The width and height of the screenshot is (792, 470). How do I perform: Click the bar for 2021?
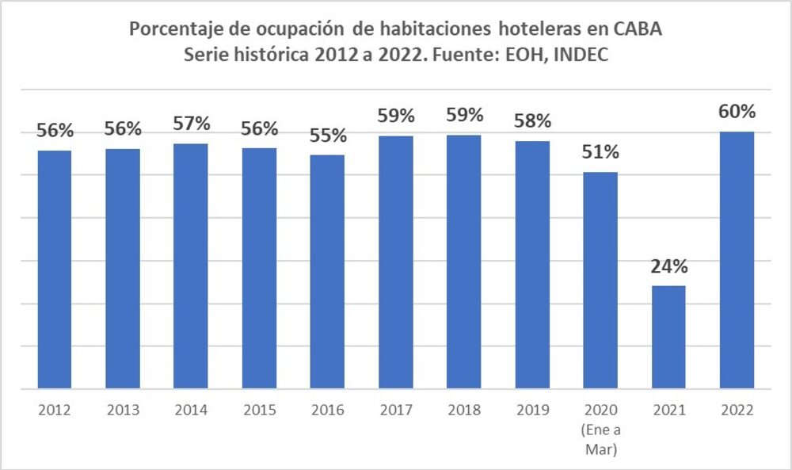tap(668, 337)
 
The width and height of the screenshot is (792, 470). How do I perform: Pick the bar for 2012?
tap(55, 269)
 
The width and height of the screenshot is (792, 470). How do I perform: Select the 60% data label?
tap(737, 112)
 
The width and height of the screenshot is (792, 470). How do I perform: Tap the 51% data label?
tap(600, 152)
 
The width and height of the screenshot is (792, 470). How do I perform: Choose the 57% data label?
tap(191, 124)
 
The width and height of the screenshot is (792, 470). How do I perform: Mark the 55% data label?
tap(327, 136)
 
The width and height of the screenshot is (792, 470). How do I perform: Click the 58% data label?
tap(532, 122)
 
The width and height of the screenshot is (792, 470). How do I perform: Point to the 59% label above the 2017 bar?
tap(395, 117)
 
